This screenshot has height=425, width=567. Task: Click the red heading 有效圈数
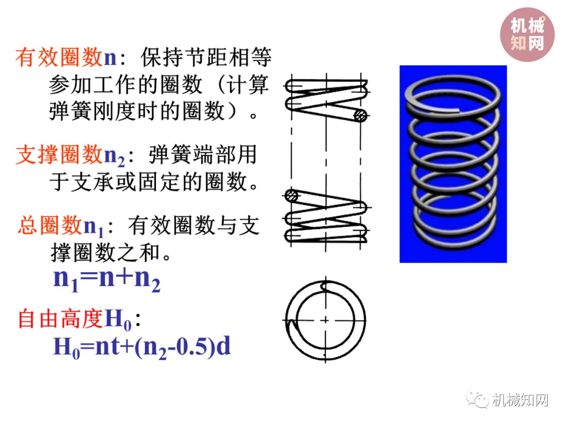pos(59,58)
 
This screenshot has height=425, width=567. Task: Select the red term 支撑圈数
pos(59,155)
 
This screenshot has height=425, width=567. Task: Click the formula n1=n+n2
pos(107,279)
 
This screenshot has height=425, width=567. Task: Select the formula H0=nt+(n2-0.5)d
pos(142,347)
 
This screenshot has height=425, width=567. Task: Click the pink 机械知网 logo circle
pos(527,34)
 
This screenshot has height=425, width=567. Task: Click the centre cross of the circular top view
pos(325,320)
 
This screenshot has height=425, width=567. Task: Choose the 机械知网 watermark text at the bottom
pos(520,400)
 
